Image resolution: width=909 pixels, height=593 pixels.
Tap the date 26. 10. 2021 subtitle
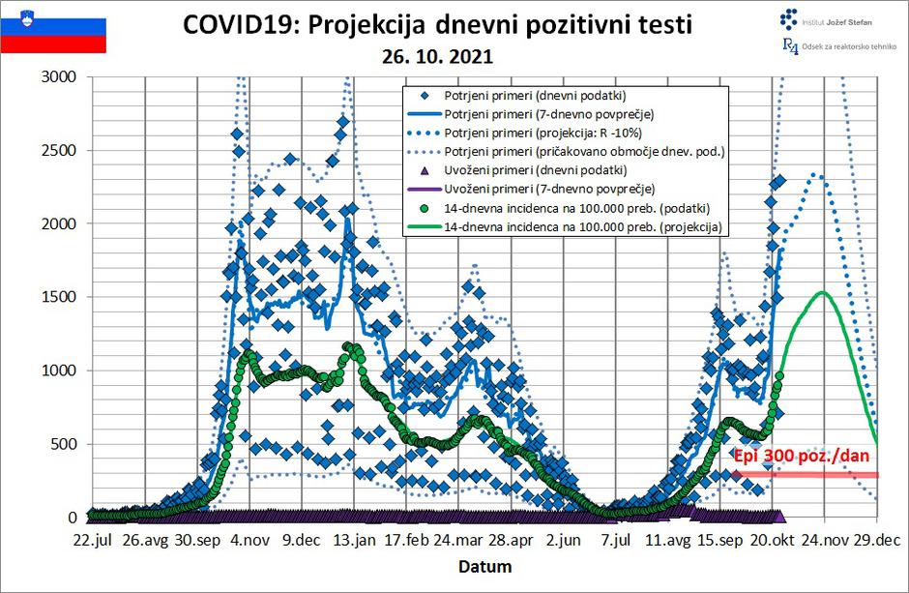tap(437, 57)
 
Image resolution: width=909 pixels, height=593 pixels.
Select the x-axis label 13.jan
tap(354, 539)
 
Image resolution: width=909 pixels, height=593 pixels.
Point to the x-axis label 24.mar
tap(457, 539)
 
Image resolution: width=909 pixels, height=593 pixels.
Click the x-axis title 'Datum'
tap(484, 566)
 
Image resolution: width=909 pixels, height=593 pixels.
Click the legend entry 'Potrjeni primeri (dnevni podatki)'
tap(534, 96)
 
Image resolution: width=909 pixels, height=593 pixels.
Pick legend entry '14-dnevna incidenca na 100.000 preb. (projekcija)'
tap(586, 225)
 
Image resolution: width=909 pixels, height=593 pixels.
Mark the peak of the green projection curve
tap(823, 292)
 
